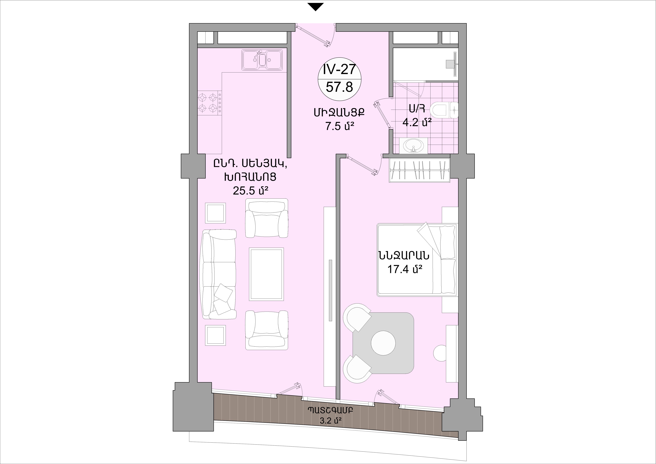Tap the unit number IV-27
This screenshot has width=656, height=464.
point(340,69)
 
